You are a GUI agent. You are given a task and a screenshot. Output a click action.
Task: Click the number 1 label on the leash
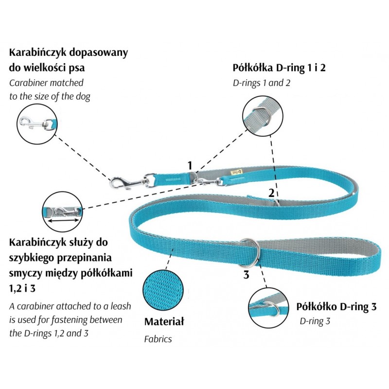[x=190, y=165]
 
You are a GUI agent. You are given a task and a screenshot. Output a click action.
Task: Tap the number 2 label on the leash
[x=271, y=193]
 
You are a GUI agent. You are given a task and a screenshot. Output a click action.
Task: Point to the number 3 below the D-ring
[x=246, y=275]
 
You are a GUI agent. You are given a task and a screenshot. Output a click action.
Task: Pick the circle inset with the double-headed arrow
[x=62, y=211]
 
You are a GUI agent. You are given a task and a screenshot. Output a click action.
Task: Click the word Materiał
[x=164, y=322]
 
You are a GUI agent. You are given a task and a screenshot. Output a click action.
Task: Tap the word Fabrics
[x=158, y=339]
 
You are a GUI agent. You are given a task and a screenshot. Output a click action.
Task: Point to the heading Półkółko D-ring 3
[x=336, y=307]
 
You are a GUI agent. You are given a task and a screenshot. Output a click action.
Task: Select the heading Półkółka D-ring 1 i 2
[x=279, y=67]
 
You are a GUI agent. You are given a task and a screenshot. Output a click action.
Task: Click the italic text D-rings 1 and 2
[x=262, y=82]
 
